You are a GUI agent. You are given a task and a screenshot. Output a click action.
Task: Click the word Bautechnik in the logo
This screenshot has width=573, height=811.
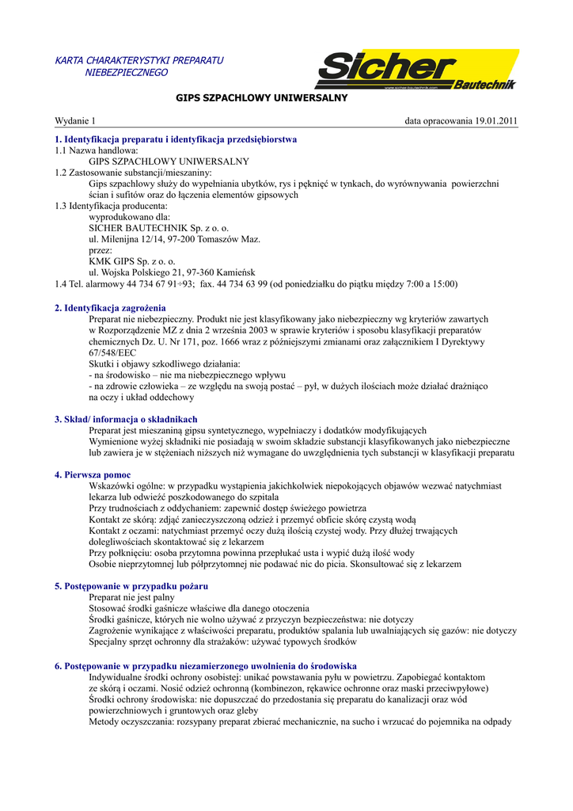point(485,84)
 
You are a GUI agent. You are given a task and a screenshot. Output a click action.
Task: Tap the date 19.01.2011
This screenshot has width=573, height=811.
point(495,120)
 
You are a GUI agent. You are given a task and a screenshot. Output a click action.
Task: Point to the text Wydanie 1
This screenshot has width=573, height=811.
point(74,120)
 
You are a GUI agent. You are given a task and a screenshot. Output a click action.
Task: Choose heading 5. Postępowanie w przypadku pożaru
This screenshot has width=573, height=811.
point(131,586)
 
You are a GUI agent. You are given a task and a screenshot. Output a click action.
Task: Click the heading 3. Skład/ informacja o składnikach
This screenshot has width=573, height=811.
point(126,419)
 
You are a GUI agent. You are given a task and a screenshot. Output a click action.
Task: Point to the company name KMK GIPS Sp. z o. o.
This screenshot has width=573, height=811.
point(131,261)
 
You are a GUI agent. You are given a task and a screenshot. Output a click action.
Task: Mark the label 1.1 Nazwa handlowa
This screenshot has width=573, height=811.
point(97,150)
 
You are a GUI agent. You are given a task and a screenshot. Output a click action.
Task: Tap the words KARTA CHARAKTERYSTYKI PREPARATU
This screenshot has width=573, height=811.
point(139,60)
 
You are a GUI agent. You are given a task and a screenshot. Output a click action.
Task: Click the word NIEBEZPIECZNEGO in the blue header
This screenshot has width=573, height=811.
point(127,72)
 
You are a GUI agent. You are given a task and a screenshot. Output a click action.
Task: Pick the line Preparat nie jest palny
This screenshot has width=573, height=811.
point(131,597)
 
